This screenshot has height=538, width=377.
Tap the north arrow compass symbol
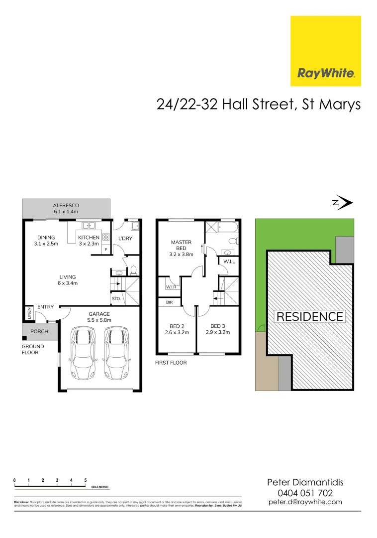click(x=343, y=203)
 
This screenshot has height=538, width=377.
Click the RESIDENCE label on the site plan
click(x=310, y=316)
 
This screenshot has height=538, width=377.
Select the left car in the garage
click(x=83, y=353)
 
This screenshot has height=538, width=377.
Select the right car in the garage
click(x=115, y=353)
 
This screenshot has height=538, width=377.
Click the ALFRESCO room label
click(x=66, y=208)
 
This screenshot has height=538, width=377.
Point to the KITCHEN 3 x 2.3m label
click(x=90, y=241)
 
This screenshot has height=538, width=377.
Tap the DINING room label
click(x=46, y=241)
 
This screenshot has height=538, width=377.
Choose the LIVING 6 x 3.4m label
click(x=68, y=280)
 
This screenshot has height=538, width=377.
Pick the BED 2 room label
click(x=177, y=329)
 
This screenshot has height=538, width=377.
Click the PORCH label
click(x=39, y=331)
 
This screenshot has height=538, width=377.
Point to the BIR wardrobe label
click(x=169, y=302)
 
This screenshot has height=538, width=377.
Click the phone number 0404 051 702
click(x=305, y=493)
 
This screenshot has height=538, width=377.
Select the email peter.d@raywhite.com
click(x=305, y=502)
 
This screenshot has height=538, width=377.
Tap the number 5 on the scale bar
click(x=86, y=480)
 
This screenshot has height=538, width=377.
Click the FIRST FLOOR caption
click(x=171, y=363)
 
